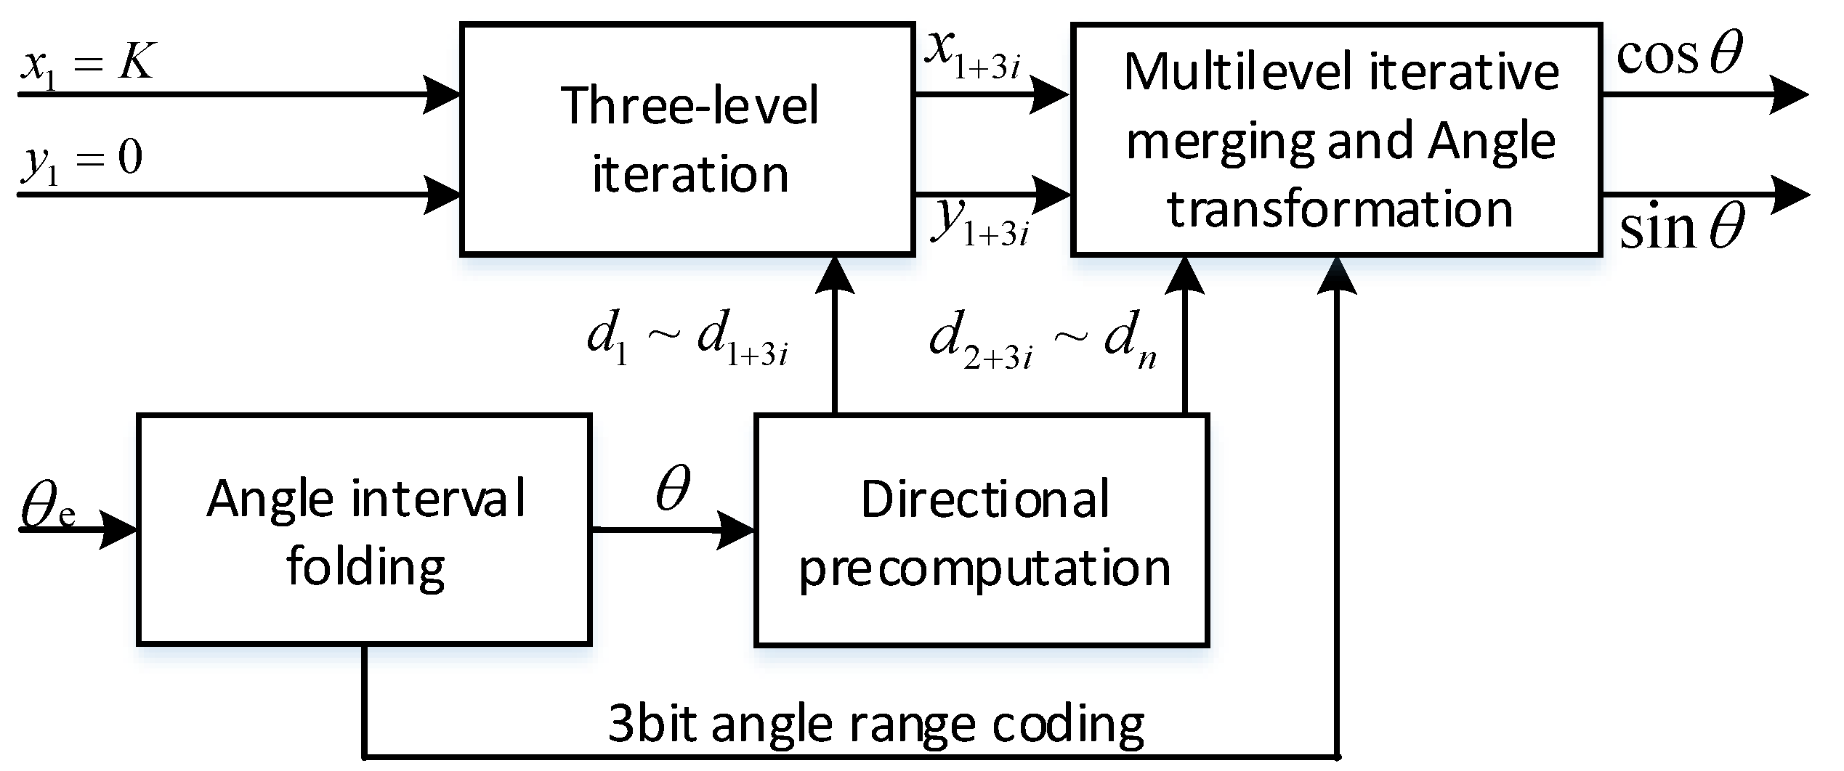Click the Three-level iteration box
[687, 139]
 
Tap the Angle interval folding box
[364, 530]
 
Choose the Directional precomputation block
[982, 530]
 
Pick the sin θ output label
[1681, 228]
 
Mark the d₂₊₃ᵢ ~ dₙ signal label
[1043, 341]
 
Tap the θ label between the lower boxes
[673, 489]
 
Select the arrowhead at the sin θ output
[1789, 195]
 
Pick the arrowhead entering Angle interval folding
[118, 530]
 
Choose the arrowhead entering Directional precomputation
[735, 530]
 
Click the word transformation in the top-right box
[1340, 209]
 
